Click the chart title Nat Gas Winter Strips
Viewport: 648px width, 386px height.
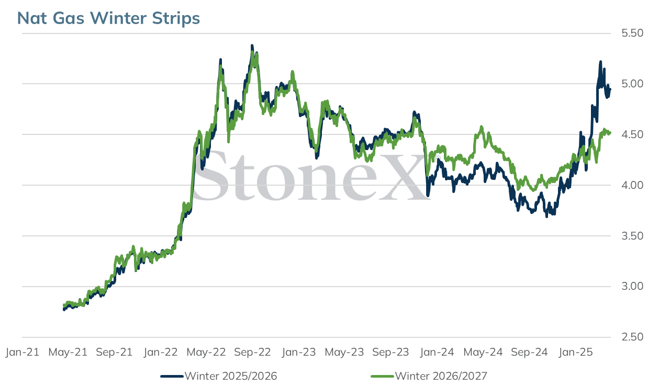(x=108, y=18)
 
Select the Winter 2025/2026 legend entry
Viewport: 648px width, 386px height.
(x=219, y=376)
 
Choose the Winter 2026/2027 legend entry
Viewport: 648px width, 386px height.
(x=429, y=376)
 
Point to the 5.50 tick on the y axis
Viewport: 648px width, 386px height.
(x=632, y=33)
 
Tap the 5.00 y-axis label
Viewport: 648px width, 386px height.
(x=632, y=84)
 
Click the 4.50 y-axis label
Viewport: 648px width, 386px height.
(x=632, y=134)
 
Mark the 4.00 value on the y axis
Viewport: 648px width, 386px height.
(x=632, y=185)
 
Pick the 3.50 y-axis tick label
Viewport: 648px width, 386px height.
(x=632, y=236)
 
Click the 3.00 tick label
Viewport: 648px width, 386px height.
(x=632, y=286)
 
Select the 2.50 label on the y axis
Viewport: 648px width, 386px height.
(x=632, y=337)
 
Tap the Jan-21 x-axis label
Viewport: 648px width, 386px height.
(x=23, y=352)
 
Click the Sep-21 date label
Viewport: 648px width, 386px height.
(x=114, y=352)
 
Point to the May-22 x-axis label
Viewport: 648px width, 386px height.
(x=206, y=352)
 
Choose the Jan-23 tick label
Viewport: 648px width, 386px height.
(x=299, y=352)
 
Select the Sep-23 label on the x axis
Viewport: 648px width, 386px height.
(x=390, y=352)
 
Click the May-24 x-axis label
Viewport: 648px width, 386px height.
(x=483, y=352)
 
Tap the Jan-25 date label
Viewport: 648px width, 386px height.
(x=576, y=352)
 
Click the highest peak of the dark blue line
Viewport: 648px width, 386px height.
(x=252, y=46)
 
